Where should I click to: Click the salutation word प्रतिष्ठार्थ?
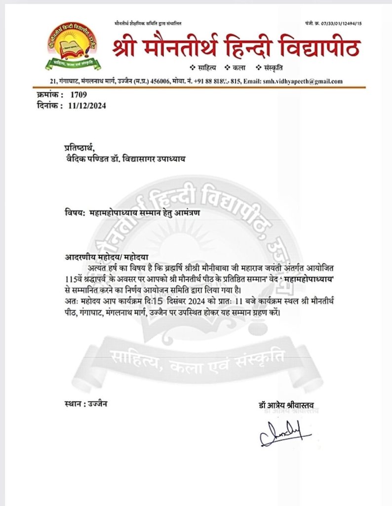[78, 147]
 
